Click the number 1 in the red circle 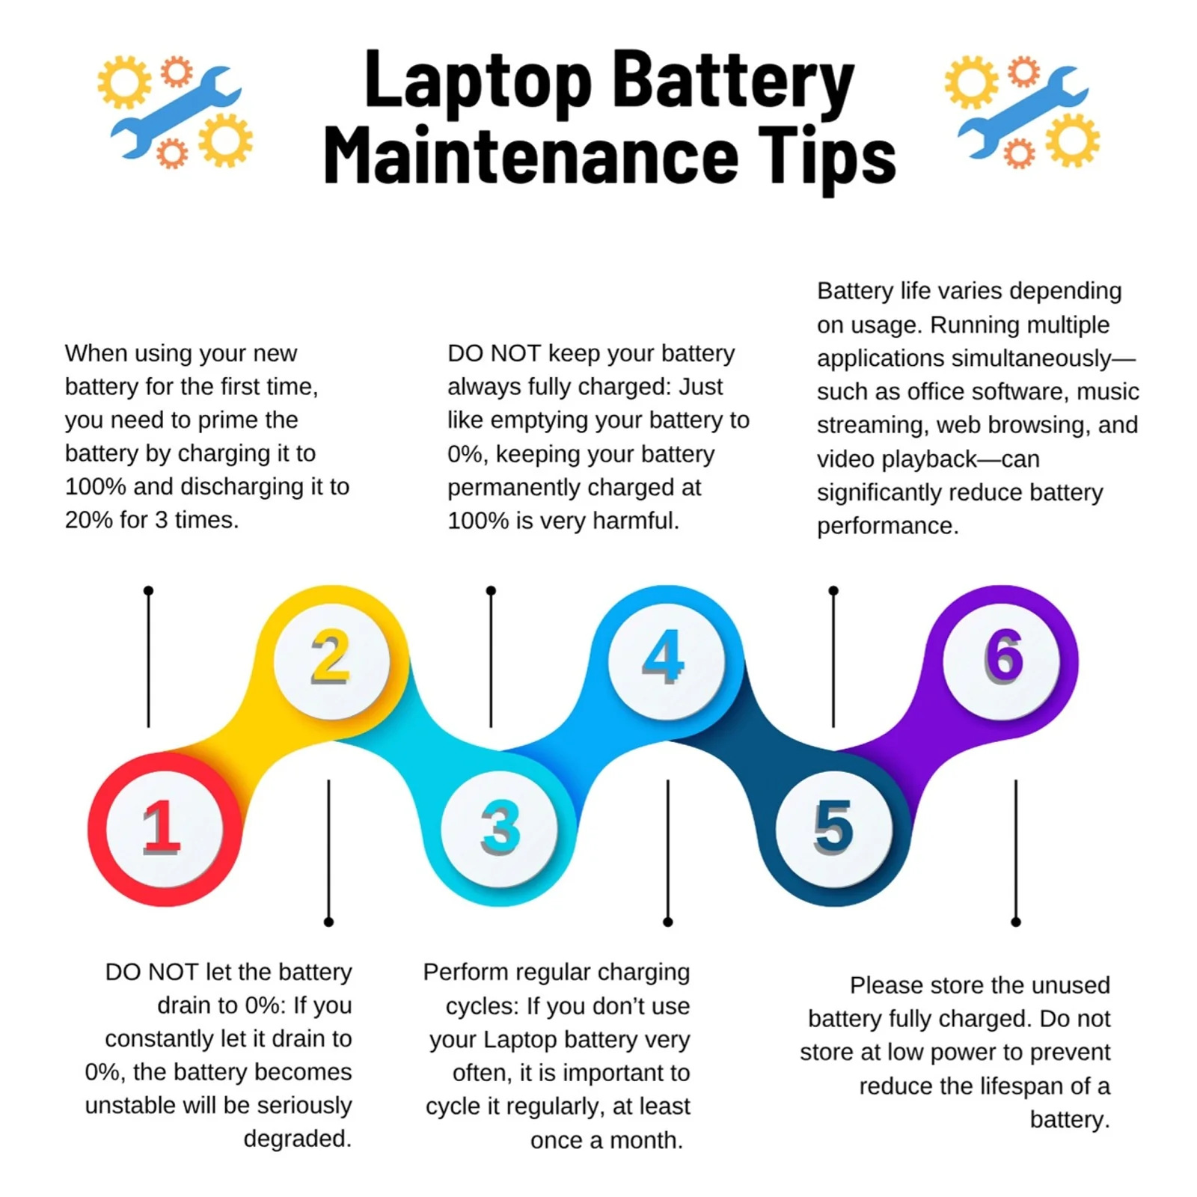click(x=162, y=827)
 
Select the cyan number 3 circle click(x=500, y=829)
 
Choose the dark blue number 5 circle click(x=833, y=829)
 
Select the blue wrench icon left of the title click(x=177, y=111)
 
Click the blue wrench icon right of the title click(x=1023, y=111)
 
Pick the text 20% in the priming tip click(x=87, y=520)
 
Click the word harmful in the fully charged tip click(x=635, y=521)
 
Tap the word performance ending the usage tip click(x=887, y=526)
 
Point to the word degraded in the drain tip click(x=297, y=1139)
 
